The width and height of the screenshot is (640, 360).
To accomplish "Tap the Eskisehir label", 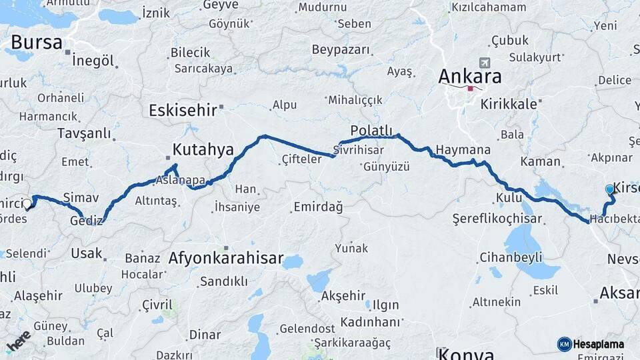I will pos(183,110).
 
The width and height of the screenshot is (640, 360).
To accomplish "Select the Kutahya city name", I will pos(203,149).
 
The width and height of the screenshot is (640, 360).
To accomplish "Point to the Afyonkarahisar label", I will pos(226,258).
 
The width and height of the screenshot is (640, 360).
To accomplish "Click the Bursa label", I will pos(37,43).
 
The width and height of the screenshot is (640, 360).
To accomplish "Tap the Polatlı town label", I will pos(373,130).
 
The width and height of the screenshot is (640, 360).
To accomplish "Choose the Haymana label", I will pos(463,149).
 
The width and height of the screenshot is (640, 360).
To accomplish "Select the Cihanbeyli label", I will pos(511,257).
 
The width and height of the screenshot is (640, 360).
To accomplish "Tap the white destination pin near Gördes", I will pos(27,204).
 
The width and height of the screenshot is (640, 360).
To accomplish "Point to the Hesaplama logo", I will pos(591,344).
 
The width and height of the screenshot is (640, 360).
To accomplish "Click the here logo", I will pos(18,341).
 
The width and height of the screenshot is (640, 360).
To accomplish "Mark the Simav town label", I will pos(81,197).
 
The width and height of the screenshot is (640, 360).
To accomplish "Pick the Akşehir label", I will pos(344,295).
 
